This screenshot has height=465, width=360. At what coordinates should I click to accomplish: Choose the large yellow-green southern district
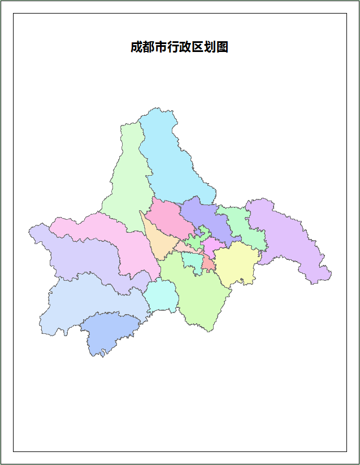click(198, 294)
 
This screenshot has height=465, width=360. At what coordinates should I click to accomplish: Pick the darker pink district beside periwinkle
click(167, 218)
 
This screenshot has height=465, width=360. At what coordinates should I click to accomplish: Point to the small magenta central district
click(212, 246)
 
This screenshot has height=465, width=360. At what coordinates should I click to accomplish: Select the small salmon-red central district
click(209, 263)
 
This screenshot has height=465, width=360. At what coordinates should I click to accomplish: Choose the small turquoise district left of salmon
click(192, 261)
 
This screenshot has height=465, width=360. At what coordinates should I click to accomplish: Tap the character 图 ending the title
click(222, 47)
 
